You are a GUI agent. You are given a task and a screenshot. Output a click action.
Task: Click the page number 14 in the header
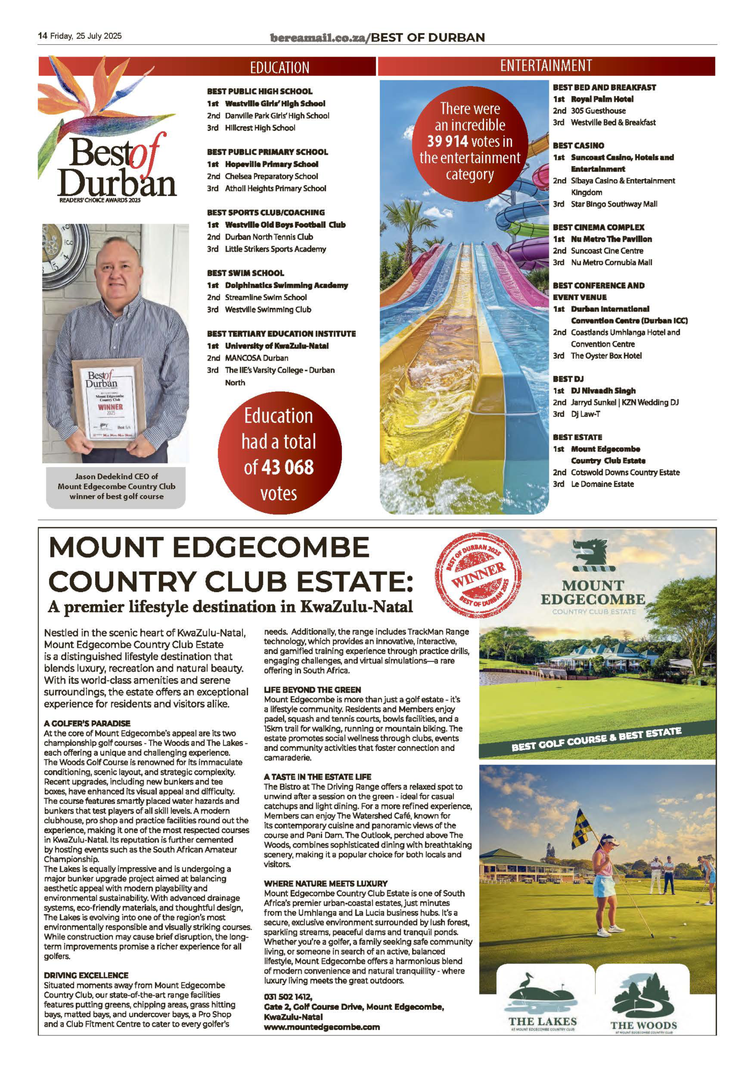tap(42, 36)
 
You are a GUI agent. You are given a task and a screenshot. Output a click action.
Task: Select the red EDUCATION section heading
tap(279, 67)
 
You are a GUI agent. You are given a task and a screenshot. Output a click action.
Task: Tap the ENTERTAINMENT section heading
tap(546, 65)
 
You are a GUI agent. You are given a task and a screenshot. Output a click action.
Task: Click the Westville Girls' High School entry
tap(275, 103)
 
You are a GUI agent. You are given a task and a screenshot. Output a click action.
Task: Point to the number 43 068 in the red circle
tap(287, 467)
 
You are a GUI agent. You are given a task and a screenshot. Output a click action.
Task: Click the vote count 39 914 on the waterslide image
tap(447, 141)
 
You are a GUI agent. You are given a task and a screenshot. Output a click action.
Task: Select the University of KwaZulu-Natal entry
tap(277, 346)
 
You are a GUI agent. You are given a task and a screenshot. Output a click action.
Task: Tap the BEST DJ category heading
tap(568, 379)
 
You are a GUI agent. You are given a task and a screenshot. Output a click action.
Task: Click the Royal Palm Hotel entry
tap(602, 99)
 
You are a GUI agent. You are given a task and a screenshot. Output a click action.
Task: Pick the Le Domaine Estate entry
tap(602, 484)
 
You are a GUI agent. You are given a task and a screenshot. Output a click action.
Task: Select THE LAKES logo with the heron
tap(542, 1002)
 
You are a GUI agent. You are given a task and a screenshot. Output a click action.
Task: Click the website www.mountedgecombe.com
tap(321, 1027)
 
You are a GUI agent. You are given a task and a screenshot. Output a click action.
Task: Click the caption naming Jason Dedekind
tap(116, 486)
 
